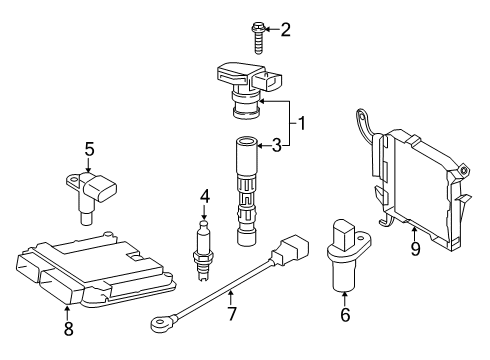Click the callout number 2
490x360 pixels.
[285, 30]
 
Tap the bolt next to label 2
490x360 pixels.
[258, 38]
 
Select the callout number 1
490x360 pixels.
[301, 124]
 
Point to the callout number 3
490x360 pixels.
[277, 146]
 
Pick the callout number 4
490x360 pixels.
[205, 196]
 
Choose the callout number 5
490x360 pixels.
[89, 149]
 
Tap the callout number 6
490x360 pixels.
[345, 315]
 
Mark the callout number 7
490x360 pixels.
[232, 314]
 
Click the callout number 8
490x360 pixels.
[68, 328]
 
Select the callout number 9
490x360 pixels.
[415, 249]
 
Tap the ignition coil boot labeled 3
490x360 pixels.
[247, 191]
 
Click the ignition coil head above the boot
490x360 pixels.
[249, 89]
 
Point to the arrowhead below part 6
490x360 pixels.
[345, 294]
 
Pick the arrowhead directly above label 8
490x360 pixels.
[68, 308]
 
